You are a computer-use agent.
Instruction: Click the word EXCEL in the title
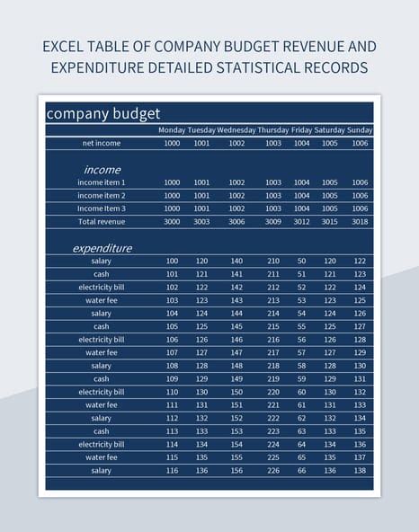(x=66, y=46)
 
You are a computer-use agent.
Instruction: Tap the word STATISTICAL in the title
(x=262, y=67)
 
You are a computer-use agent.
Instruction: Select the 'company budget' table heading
(x=103, y=113)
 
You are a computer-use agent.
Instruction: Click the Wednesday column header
(x=236, y=129)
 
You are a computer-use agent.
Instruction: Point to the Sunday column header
(x=360, y=129)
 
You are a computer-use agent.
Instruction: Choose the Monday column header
(x=172, y=129)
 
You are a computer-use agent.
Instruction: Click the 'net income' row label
(x=102, y=143)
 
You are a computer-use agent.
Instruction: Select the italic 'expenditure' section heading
(x=102, y=247)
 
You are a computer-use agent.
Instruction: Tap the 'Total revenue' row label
(x=102, y=221)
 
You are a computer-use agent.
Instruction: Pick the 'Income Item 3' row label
(x=102, y=208)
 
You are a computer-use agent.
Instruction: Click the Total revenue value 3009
(x=273, y=221)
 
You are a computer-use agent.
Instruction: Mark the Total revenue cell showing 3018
(x=360, y=221)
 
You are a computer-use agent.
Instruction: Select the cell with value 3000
(x=172, y=221)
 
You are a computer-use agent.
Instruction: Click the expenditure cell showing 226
(x=273, y=470)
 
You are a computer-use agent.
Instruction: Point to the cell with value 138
(x=360, y=470)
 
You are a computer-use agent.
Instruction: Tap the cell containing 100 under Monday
(x=172, y=261)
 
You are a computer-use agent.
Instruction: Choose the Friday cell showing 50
(x=302, y=261)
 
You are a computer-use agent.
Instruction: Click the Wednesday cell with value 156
(x=236, y=470)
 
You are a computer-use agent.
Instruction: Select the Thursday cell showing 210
(x=273, y=261)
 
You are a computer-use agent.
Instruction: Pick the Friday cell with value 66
(x=302, y=470)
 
